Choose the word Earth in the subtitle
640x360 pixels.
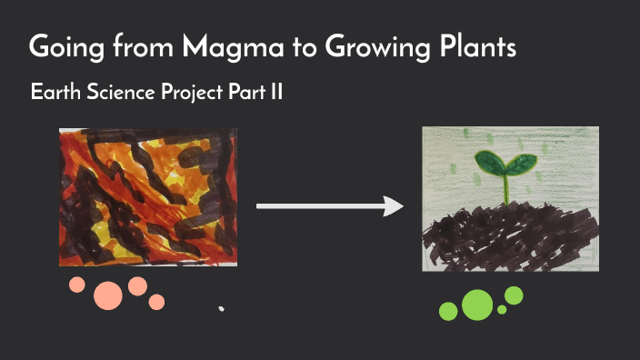pyautogui.click(x=54, y=93)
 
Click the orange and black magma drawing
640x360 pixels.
pyautogui.click(x=148, y=196)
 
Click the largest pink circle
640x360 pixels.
pyautogui.click(x=108, y=295)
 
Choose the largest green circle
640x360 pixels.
pyautogui.click(x=476, y=305)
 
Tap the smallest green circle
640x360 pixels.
pyautogui.click(x=502, y=310)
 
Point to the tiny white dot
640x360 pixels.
pyautogui.click(x=221, y=309)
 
